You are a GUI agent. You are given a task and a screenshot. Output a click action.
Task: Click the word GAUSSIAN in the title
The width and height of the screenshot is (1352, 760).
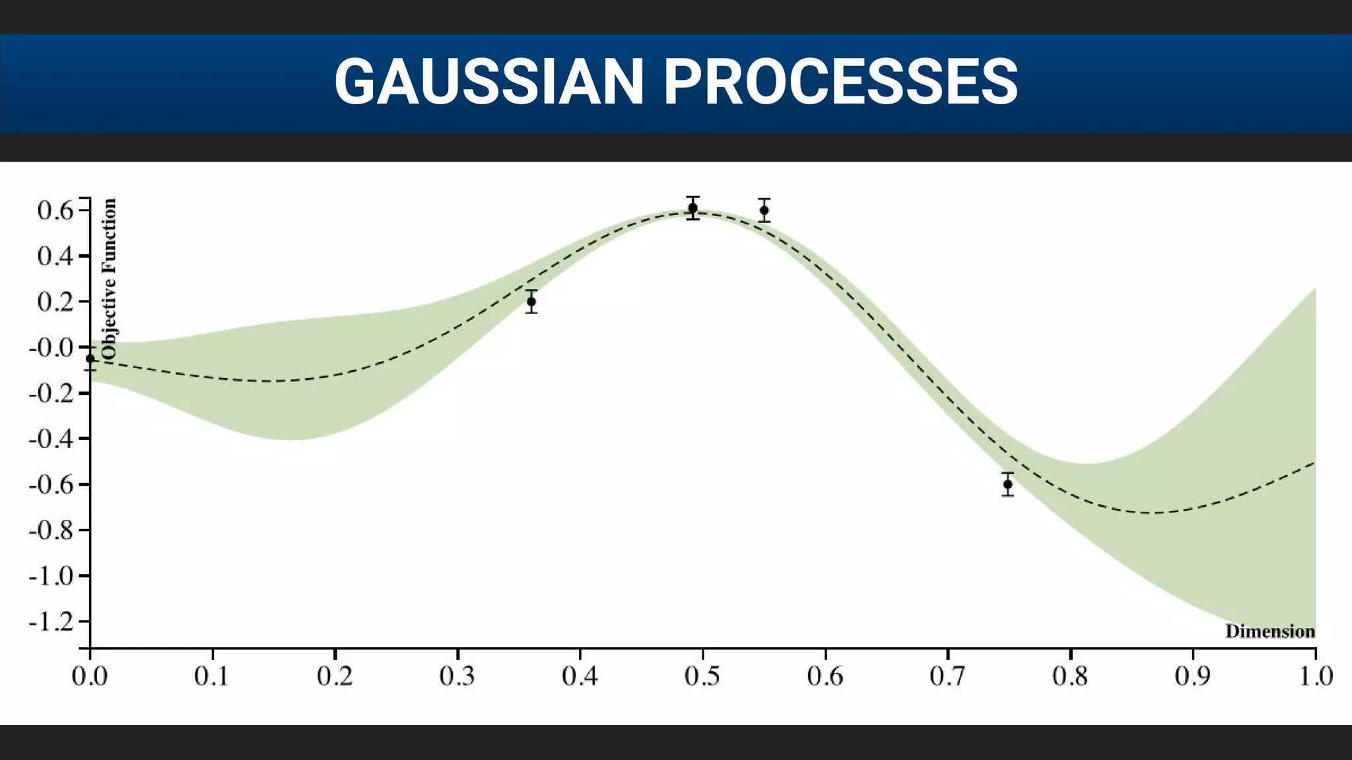coord(489,82)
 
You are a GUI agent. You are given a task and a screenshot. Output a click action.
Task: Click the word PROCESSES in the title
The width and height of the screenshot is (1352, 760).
coord(840,82)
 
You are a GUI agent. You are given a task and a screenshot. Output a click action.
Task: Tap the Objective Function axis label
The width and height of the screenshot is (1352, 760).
coord(110,278)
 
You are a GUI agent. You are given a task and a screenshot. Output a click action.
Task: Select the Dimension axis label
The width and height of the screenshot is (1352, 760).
coord(1270,631)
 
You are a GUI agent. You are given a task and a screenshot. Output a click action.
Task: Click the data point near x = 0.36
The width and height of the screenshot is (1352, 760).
coord(531,301)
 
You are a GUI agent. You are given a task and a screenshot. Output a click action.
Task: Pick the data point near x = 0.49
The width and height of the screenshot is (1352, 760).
coord(693,208)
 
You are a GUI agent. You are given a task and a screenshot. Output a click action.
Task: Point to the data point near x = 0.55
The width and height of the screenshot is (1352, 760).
coord(764,210)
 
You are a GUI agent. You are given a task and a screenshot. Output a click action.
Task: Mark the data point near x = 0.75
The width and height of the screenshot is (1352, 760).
coord(1007,484)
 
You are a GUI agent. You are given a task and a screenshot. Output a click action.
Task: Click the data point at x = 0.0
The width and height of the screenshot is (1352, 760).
coord(90,359)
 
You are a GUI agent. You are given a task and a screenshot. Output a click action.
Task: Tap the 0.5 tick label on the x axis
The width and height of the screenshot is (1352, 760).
coord(702,676)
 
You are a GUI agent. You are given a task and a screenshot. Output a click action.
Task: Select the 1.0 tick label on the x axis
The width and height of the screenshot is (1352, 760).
coord(1316,676)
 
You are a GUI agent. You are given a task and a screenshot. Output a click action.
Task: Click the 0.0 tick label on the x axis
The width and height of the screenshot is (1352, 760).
coord(90,676)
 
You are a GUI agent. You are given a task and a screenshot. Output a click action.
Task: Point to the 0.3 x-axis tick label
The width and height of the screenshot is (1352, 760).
coord(457,676)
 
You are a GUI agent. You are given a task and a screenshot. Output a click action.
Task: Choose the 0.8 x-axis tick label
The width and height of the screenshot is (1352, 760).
coord(1070,676)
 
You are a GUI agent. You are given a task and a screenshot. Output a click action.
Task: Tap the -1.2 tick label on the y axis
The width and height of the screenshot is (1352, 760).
coord(50,621)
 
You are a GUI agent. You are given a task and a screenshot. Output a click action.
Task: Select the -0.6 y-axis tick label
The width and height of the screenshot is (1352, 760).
coord(50,484)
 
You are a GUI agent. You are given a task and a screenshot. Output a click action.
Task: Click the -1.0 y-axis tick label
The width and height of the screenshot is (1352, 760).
coord(50,576)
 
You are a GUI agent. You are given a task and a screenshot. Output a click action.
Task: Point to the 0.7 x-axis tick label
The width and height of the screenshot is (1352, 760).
coord(947,676)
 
